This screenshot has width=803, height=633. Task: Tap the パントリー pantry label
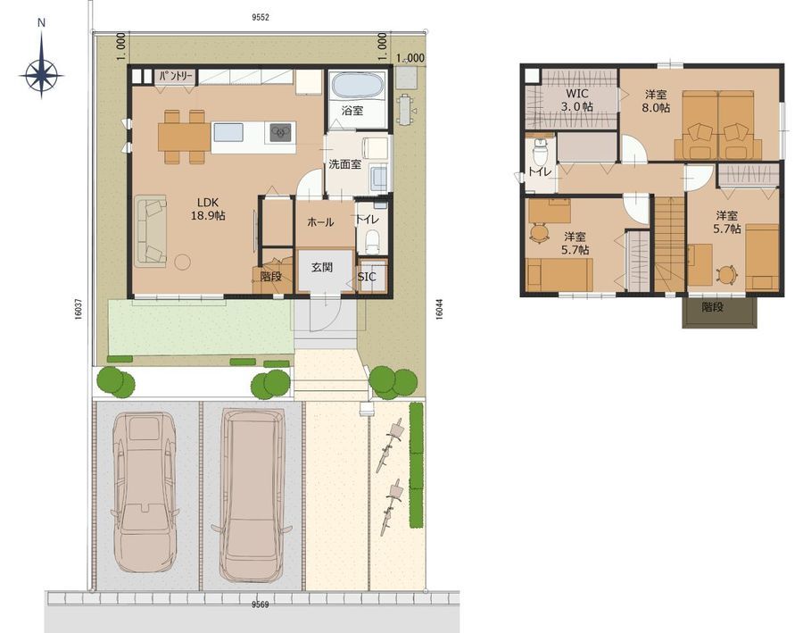point(176,77)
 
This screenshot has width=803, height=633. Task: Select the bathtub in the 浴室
point(356,85)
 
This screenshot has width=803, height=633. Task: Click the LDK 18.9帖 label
point(208,209)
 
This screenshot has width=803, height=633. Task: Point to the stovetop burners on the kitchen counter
point(279,132)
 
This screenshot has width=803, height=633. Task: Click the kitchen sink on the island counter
point(228,132)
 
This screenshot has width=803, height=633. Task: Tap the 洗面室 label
point(344,164)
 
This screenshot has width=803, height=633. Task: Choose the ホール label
point(320,222)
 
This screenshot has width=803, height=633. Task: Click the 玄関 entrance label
point(322,267)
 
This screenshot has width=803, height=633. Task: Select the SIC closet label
point(366,277)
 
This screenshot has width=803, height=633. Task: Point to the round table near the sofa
point(182,262)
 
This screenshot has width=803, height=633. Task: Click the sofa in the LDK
point(151,230)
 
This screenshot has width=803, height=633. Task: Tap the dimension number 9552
point(261,18)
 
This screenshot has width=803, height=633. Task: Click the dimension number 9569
point(261,604)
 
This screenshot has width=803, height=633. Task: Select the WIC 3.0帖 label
point(576,101)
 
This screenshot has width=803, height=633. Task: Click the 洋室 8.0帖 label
point(656,101)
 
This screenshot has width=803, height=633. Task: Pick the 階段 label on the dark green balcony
point(712,307)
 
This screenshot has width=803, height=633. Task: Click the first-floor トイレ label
point(368,220)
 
